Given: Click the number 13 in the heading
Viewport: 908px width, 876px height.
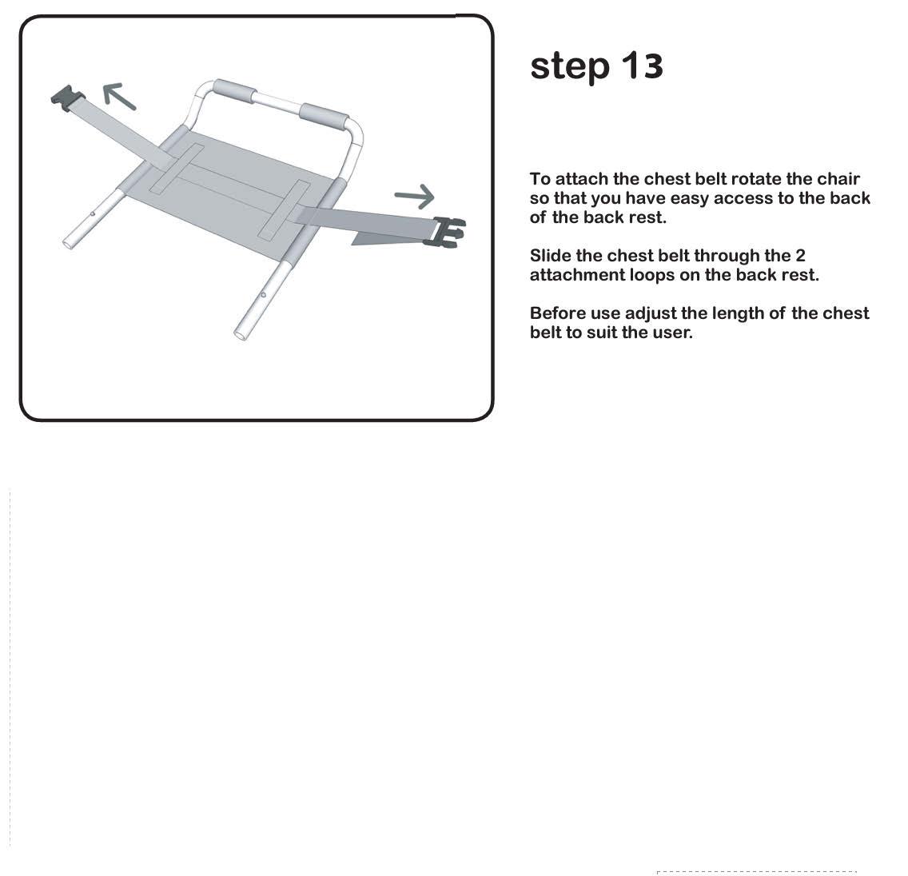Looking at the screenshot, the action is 642,66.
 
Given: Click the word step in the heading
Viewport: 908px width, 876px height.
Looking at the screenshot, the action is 570,67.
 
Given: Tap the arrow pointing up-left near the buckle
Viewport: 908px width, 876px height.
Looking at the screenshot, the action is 119,96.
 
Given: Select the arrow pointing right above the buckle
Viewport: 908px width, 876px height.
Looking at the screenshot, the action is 414,197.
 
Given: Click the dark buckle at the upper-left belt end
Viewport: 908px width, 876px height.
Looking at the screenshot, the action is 68,98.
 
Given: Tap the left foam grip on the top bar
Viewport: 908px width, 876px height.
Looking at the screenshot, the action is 234,91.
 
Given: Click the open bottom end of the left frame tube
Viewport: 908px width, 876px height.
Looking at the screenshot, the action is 68,243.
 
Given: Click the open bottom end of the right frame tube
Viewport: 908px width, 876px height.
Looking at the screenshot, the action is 241,334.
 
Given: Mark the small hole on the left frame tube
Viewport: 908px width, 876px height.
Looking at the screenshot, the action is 93,213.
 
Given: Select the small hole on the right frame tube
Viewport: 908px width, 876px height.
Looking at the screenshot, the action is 264,295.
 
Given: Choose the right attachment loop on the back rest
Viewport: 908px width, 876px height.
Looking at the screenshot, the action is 285,209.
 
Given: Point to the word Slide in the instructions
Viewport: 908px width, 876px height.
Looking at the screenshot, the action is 550,255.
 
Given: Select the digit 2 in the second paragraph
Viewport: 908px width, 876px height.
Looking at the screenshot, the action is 800,255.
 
